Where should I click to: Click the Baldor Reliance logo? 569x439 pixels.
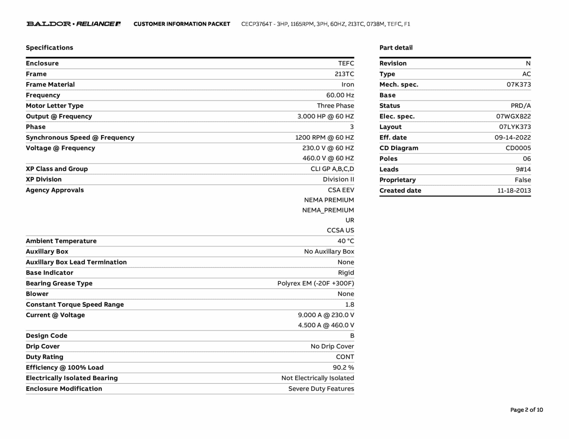click(x=74, y=24)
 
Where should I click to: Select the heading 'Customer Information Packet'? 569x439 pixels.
click(x=182, y=24)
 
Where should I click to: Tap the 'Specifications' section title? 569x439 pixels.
click(x=49, y=48)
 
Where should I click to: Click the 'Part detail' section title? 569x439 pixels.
click(x=396, y=48)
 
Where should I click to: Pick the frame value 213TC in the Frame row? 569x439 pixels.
click(x=344, y=74)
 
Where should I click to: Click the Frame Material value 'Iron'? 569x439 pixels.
click(x=348, y=85)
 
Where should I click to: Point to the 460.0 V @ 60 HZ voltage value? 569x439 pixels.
click(x=328, y=158)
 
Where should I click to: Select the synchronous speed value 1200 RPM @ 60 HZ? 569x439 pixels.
click(x=325, y=138)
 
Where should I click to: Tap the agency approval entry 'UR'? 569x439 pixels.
click(x=350, y=220)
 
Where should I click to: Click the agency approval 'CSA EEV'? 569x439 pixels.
click(x=341, y=190)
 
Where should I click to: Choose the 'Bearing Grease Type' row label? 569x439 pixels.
click(x=59, y=283)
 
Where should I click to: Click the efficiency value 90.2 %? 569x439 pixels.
click(x=343, y=368)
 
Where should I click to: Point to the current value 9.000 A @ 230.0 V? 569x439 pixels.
click(x=326, y=315)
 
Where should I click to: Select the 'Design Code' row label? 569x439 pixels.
click(x=47, y=336)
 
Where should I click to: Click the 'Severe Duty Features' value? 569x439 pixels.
click(x=321, y=389)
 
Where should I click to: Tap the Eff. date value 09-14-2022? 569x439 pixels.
click(x=513, y=138)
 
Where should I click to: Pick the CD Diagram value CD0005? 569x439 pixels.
click(x=518, y=148)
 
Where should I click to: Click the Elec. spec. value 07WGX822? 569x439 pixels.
click(x=513, y=117)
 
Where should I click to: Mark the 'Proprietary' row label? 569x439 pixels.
click(x=398, y=180)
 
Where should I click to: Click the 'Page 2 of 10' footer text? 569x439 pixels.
click(x=526, y=410)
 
